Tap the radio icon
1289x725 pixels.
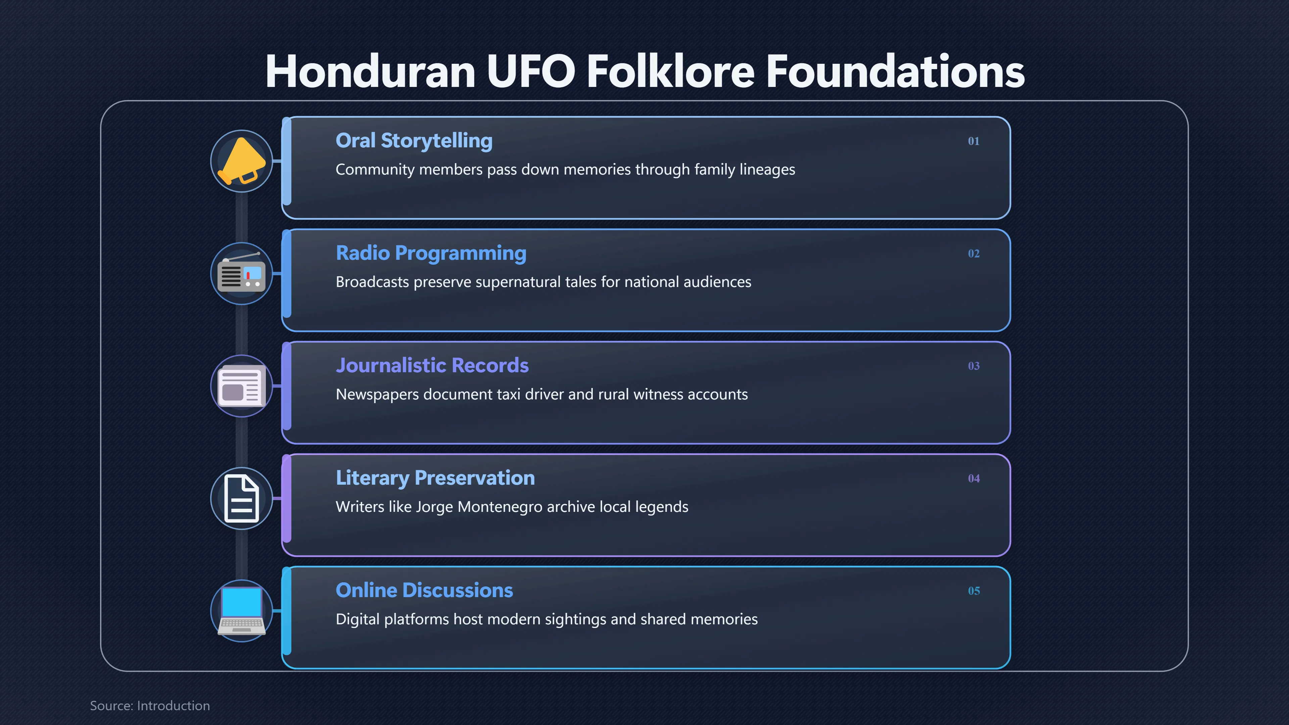coord(241,273)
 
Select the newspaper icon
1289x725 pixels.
coord(241,386)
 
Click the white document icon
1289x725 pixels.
coord(241,498)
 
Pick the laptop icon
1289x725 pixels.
coord(241,611)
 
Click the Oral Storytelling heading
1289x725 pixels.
coord(414,141)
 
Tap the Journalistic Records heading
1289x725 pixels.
coord(432,366)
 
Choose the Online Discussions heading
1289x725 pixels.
coord(424,590)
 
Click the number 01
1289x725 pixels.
coord(973,141)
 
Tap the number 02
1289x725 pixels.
coord(973,254)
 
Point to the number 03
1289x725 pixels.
coord(973,366)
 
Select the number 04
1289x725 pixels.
coord(973,478)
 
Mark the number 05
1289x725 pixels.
coord(973,591)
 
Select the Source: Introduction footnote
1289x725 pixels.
coord(150,706)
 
